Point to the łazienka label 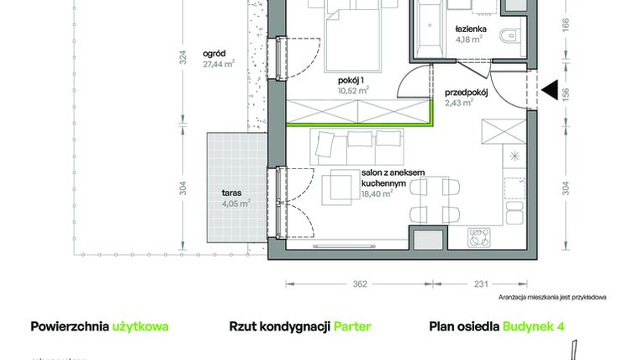point(469,27)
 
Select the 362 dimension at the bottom point(359,284)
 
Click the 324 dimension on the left point(183,59)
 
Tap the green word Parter point(352,326)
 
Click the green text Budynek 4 point(533,326)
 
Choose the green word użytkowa point(140,326)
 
